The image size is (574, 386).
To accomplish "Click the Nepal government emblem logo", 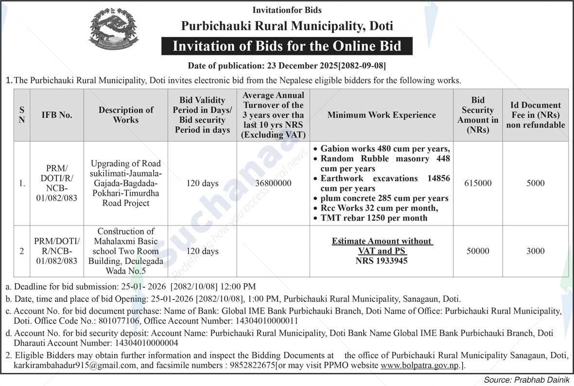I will [113, 29].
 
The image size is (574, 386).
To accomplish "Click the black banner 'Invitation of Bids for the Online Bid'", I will [287, 46].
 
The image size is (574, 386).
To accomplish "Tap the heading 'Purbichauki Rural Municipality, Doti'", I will [287, 26].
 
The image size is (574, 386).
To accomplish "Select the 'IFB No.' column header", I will [56, 115].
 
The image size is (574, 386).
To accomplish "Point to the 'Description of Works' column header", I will [126, 115].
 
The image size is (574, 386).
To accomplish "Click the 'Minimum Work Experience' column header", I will [382, 115].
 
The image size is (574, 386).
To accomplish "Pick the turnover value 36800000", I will [273, 184].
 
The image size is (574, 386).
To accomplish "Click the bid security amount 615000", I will [478, 183].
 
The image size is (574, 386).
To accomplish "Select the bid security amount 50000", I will [478, 251].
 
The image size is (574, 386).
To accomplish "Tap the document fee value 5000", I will [535, 183].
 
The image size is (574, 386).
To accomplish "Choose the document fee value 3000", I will [535, 251].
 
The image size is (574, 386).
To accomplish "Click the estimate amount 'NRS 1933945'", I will [382, 261].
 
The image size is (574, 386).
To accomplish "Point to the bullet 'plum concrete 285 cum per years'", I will [384, 198].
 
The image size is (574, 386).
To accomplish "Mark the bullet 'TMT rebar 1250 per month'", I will [374, 218].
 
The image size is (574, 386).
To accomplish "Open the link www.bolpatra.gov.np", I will [419, 365].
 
